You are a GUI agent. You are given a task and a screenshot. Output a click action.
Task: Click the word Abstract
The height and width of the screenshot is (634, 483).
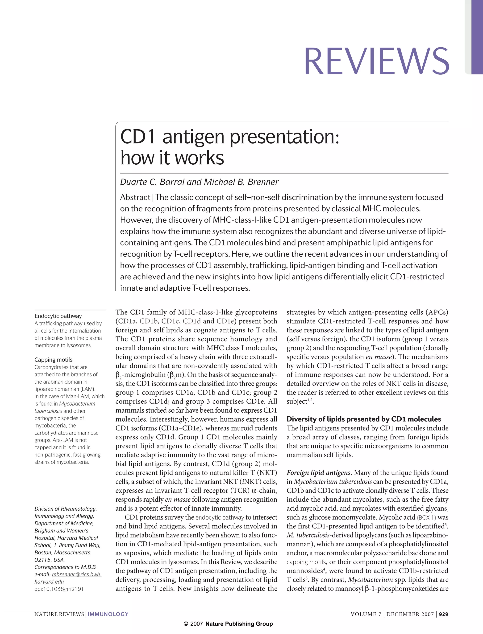tap(135, 197)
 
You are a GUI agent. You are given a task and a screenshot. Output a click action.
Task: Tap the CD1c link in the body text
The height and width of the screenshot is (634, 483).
tap(170, 321)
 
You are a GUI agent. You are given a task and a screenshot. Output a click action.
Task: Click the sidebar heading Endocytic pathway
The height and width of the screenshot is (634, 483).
tap(58, 316)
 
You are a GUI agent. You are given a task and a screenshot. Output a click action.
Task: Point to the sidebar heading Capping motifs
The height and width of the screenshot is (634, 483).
tap(54, 360)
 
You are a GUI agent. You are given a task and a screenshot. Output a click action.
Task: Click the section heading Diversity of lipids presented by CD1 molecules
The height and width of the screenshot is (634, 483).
tap(364, 419)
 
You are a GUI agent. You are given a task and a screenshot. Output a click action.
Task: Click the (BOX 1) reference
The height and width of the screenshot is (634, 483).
tap(426, 518)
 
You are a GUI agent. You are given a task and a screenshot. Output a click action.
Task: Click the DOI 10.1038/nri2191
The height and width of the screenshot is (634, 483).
tap(59, 589)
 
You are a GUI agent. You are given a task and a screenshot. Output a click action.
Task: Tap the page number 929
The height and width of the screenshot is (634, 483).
tap(444, 614)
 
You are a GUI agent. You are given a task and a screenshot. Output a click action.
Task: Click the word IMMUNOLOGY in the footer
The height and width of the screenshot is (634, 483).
tap(108, 614)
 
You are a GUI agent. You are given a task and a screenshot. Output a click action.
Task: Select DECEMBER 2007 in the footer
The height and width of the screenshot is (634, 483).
tap(410, 614)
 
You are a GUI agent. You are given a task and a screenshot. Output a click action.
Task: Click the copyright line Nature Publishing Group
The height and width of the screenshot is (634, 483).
tap(239, 624)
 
